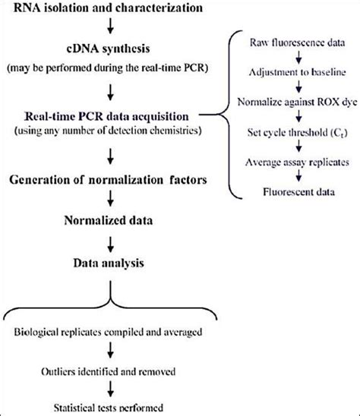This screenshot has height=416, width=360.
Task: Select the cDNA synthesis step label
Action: click(x=111, y=51)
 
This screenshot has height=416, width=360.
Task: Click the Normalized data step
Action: click(x=112, y=224)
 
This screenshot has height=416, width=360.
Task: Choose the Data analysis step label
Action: click(x=111, y=263)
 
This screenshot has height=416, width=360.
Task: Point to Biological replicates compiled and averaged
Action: click(x=112, y=334)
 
